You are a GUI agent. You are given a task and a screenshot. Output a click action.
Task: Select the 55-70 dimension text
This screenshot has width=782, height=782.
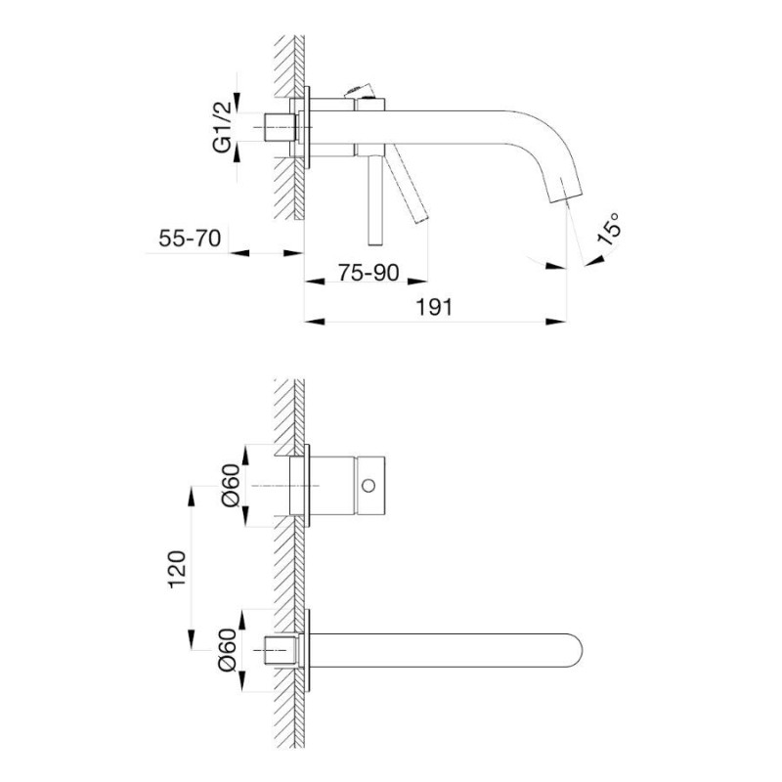point(190,238)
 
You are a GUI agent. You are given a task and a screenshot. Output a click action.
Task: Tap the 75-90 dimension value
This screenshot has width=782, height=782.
point(369,273)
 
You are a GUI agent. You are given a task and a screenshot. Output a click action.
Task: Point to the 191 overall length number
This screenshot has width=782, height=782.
point(434,307)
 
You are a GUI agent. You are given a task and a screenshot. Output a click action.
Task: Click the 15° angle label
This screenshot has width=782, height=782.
point(609,229)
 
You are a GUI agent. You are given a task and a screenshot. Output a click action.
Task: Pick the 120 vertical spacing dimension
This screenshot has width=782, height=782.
point(177,570)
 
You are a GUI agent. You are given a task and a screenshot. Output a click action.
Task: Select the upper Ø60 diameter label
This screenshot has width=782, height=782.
point(230,486)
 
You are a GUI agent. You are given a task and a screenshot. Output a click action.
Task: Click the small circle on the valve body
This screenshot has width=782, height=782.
point(369,485)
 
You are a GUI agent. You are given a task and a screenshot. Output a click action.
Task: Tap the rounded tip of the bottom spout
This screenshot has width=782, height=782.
point(582,651)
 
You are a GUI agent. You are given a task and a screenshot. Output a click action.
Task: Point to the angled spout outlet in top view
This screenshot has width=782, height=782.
point(565,192)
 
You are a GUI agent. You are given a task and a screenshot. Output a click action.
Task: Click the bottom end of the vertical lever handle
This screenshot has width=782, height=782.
point(375,245)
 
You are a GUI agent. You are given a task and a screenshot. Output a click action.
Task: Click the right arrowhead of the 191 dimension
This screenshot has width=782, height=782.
point(556,322)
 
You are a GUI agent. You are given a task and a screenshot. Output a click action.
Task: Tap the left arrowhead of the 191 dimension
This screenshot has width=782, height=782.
point(315,322)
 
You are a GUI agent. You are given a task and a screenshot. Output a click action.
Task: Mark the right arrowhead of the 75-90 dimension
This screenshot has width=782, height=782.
point(417,282)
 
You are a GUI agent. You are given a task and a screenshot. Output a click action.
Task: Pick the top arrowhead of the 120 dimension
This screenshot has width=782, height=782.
point(192,497)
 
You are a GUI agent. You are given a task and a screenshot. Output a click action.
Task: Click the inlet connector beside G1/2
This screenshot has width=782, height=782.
point(279,128)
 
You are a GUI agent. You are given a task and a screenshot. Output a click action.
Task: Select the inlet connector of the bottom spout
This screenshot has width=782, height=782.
point(281,650)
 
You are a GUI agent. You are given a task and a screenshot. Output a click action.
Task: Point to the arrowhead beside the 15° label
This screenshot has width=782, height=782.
point(594,261)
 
